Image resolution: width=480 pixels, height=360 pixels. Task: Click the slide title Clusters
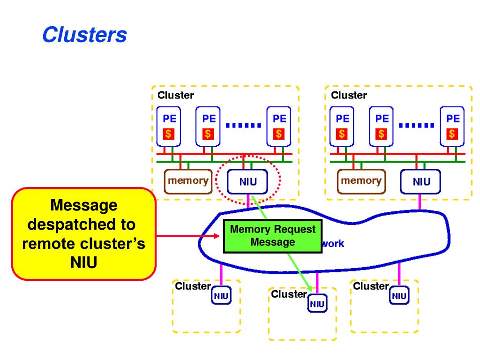point(84,34)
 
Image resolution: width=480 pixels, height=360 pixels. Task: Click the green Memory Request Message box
point(272,236)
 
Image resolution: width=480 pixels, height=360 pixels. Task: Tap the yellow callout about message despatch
point(83,234)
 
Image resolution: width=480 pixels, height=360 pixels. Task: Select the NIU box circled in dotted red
point(247,181)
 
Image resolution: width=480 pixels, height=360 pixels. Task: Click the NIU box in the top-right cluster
point(420,181)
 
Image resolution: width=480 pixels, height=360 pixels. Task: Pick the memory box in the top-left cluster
point(188,181)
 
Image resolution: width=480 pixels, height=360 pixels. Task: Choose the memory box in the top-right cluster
point(361,181)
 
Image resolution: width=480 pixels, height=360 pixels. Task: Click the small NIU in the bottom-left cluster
point(221,295)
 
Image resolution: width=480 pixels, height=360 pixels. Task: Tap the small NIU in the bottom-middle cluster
point(317,303)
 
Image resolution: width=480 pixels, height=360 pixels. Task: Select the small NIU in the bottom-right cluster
point(399,295)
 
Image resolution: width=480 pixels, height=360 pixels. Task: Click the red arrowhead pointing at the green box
point(217,236)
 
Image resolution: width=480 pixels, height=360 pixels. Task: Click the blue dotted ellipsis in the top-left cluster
point(243,125)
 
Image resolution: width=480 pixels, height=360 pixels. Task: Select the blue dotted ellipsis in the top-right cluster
point(417,125)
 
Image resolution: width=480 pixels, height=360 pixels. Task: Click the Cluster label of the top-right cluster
point(349,95)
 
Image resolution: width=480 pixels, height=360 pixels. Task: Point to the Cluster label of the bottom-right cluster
point(371,286)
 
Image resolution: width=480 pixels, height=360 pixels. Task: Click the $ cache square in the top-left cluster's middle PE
point(208,134)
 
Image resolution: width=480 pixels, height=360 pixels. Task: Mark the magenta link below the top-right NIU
point(420,202)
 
